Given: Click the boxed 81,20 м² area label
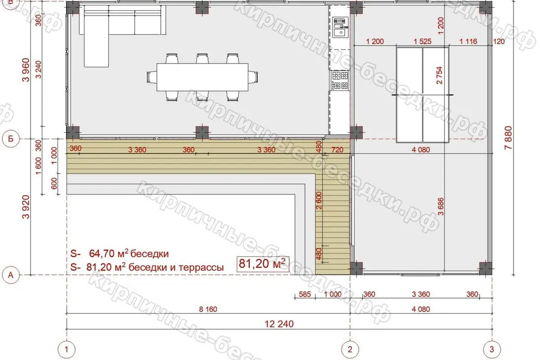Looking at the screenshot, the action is (263, 264).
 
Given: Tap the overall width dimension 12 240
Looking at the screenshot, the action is (279, 324).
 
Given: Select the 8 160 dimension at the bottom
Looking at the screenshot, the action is (208, 309).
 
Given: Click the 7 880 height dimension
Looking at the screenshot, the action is (508, 138).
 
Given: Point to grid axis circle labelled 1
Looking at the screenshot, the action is (66, 349).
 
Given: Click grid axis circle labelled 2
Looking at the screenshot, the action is (350, 349).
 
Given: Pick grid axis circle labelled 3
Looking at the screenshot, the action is (492, 349).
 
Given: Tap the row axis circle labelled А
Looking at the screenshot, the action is (11, 275).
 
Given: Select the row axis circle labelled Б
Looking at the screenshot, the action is (11, 139).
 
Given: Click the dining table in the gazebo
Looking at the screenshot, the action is (203, 77).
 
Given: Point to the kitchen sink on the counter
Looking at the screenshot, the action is (340, 28).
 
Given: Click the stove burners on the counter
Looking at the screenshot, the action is (340, 81).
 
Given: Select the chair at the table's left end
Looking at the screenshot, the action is (151, 77).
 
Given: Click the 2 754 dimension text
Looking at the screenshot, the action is (439, 75).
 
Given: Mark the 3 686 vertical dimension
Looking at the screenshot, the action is (441, 207).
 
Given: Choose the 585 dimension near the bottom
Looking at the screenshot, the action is (304, 295).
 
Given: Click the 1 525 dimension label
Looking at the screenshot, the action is (422, 41).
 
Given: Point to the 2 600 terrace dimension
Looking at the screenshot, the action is (319, 201).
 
